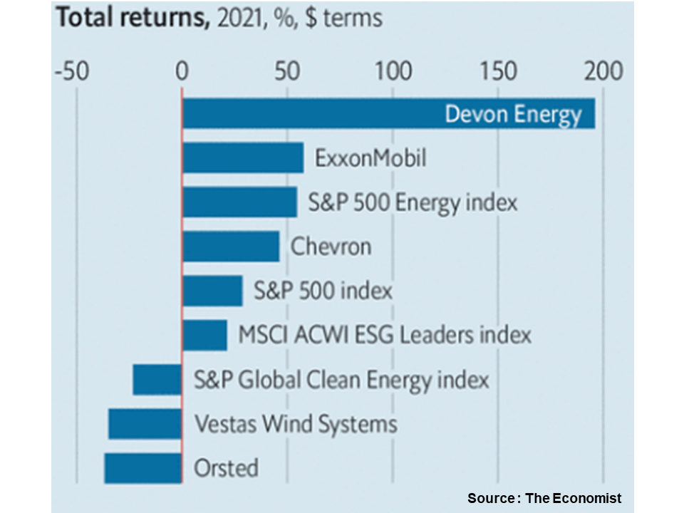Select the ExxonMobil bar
click(243, 158)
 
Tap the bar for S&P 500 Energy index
click(239, 202)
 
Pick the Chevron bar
click(231, 247)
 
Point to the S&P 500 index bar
click(212, 291)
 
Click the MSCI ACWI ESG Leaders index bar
click(204, 335)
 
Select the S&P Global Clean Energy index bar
click(157, 379)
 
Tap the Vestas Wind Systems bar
click(145, 424)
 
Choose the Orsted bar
click(143, 468)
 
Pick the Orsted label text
click(226, 468)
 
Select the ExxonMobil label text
click(370, 158)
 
